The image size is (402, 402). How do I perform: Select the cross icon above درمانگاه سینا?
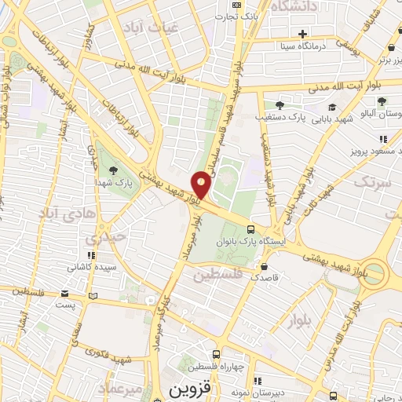point(302,33)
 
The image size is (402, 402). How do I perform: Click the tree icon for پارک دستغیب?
point(280,104)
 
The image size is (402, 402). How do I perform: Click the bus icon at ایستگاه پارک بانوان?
point(250,229)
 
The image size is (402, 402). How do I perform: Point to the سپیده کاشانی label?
point(92,267)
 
